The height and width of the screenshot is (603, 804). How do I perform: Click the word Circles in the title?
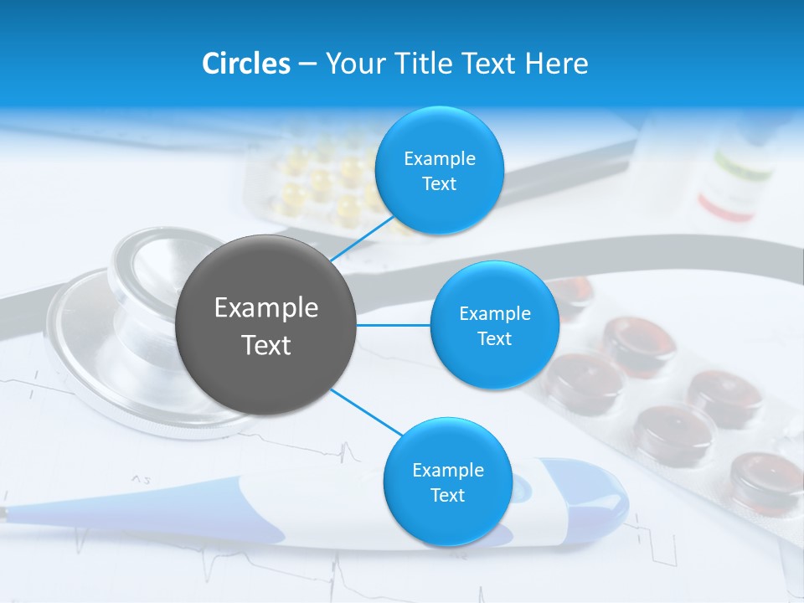(x=246, y=64)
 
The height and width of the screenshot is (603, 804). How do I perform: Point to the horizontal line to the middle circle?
(x=394, y=325)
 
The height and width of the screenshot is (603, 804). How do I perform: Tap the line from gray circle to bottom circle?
(x=364, y=412)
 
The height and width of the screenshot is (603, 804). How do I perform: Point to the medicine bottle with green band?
(x=737, y=180)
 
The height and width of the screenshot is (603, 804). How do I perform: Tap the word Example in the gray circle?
(x=266, y=308)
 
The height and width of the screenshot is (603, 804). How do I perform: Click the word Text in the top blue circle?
(x=439, y=184)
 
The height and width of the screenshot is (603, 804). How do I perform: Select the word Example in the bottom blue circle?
(x=447, y=470)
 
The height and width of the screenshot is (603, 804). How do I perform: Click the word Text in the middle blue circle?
(x=494, y=339)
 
